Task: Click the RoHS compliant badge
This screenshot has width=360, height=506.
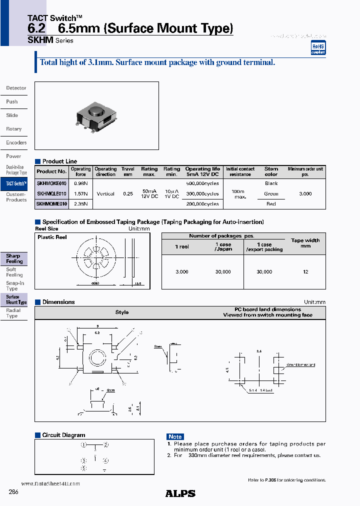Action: (318, 48)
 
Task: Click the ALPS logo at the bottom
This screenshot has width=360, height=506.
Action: (180, 493)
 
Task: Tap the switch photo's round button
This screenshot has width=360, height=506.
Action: (94, 110)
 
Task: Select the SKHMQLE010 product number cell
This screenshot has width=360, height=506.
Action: (51, 193)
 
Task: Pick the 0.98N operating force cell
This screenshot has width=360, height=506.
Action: (80, 183)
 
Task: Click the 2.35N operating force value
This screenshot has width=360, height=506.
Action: (80, 203)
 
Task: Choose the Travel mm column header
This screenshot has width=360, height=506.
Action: (128, 172)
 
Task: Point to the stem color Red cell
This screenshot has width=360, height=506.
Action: (271, 203)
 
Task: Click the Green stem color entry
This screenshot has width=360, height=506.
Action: (271, 193)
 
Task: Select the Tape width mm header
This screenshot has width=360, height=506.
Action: (305, 243)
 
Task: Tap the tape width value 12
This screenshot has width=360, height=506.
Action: (305, 271)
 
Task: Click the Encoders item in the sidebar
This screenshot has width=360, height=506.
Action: (16, 142)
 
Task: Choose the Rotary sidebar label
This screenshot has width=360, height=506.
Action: (14, 129)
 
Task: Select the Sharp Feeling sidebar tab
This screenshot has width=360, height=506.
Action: (14, 258)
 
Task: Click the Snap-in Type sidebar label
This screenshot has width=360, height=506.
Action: (15, 286)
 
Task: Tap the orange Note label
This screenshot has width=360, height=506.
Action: (175, 436)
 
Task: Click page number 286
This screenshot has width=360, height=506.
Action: (13, 492)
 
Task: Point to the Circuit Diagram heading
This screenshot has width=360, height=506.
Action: (63, 435)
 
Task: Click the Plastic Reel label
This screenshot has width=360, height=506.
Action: (52, 237)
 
